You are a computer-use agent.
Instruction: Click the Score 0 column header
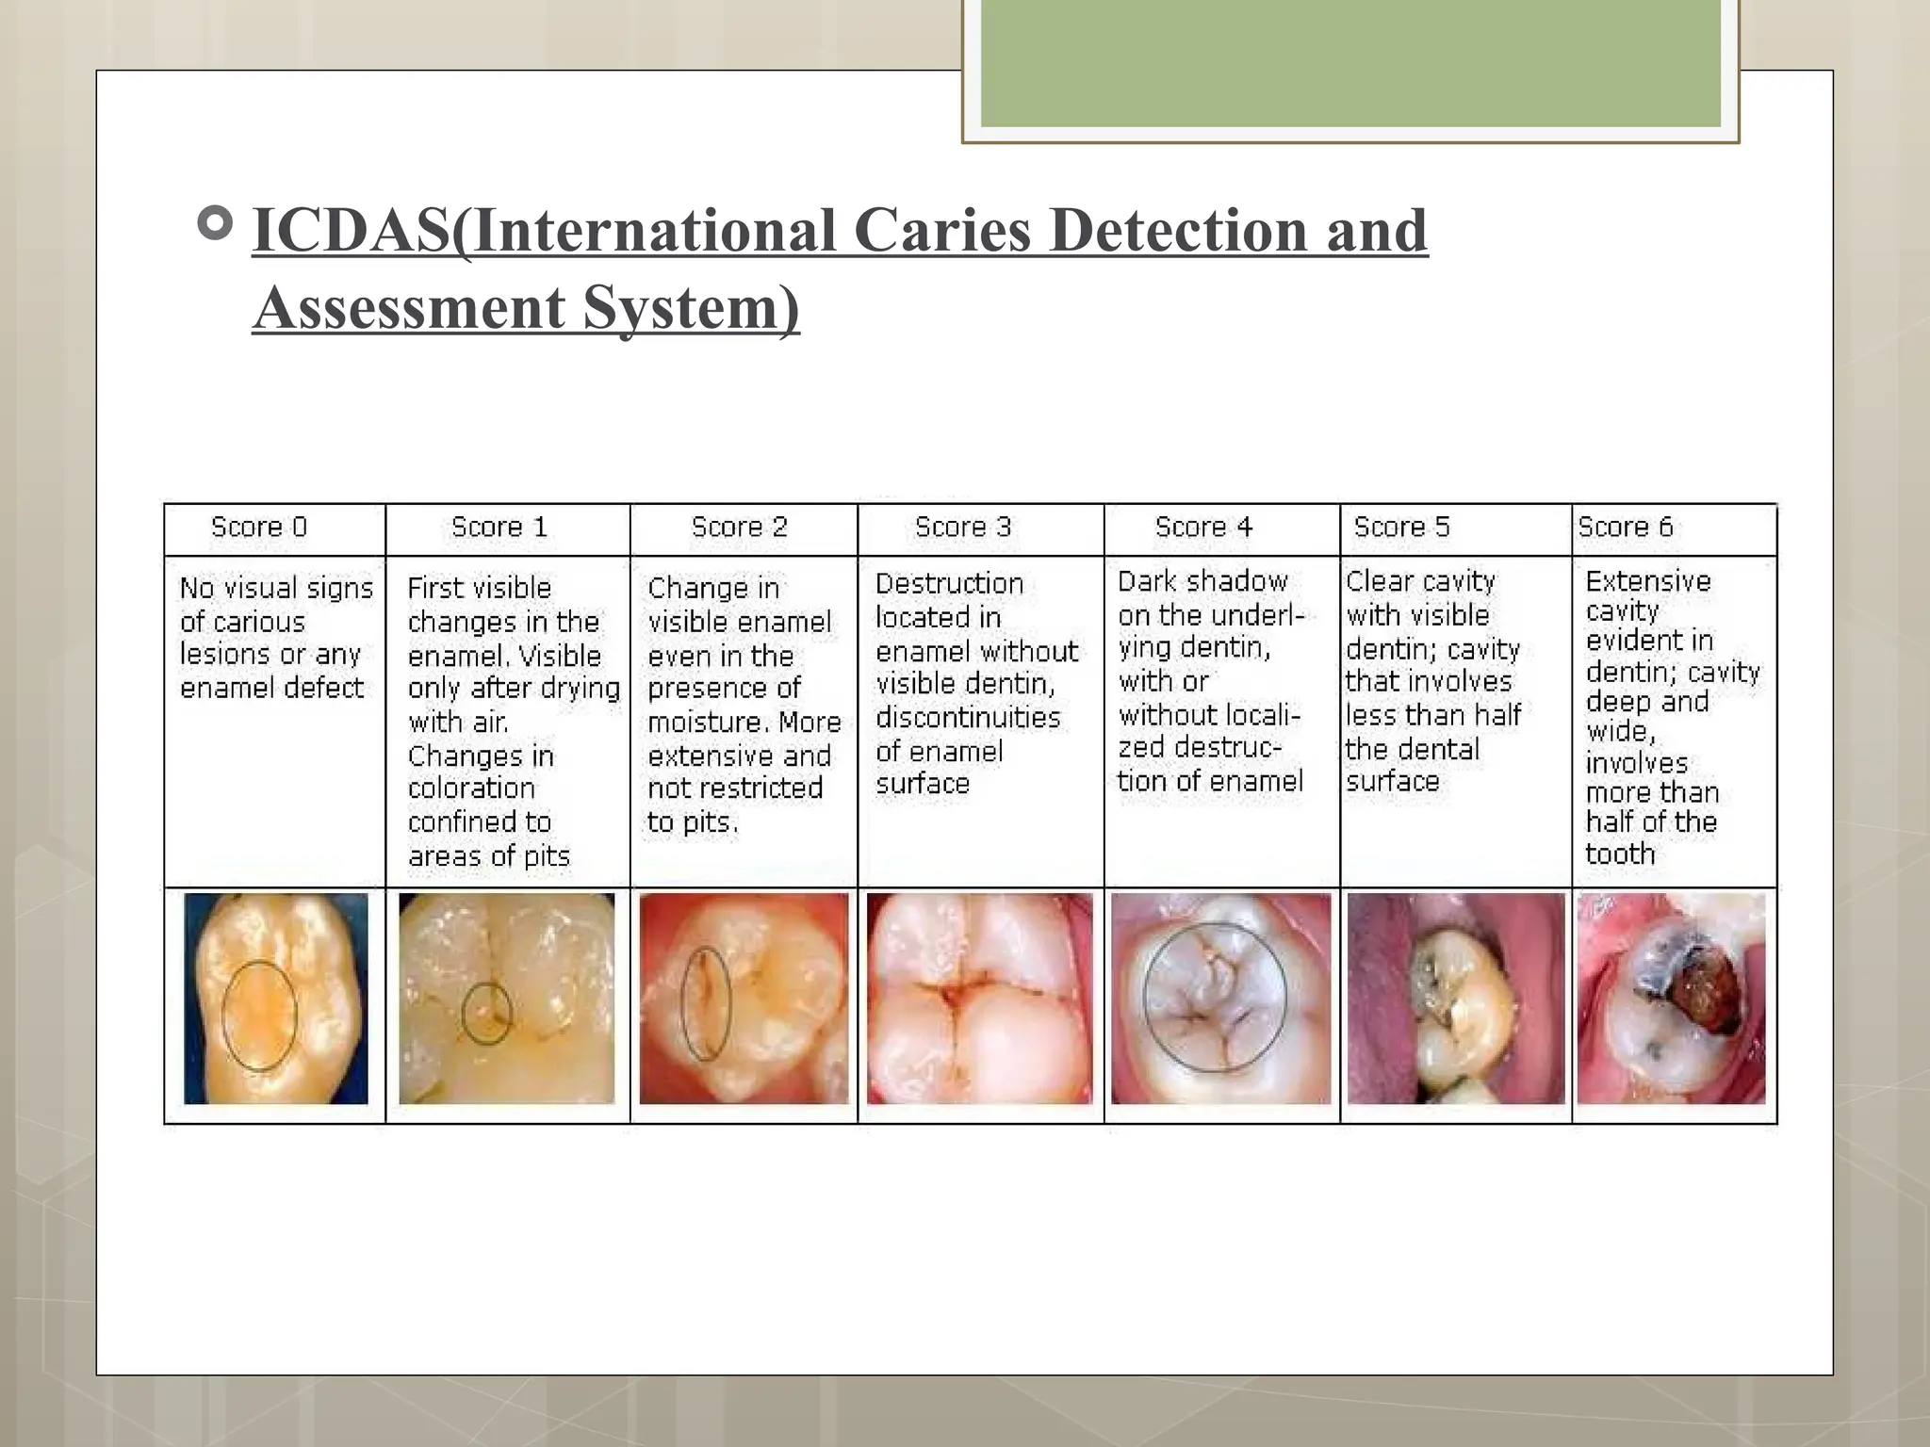click(259, 527)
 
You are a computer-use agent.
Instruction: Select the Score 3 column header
click(962, 527)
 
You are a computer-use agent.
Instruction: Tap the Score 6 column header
click(1626, 527)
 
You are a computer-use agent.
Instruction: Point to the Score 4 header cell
click(1203, 527)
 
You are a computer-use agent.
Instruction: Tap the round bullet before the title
click(216, 224)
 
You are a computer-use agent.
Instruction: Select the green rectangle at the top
click(1350, 64)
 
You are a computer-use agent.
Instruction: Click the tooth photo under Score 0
click(275, 999)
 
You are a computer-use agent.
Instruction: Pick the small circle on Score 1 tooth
click(486, 1014)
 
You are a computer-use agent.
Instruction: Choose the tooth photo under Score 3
click(980, 999)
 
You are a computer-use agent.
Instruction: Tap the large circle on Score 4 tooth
click(1215, 998)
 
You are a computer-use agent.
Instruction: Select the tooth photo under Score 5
click(1456, 999)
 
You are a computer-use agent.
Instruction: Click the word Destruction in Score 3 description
click(949, 584)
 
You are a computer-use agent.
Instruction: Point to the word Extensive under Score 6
click(1647, 581)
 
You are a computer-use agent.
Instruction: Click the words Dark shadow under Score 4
click(1202, 581)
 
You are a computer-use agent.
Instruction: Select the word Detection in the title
click(1177, 231)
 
